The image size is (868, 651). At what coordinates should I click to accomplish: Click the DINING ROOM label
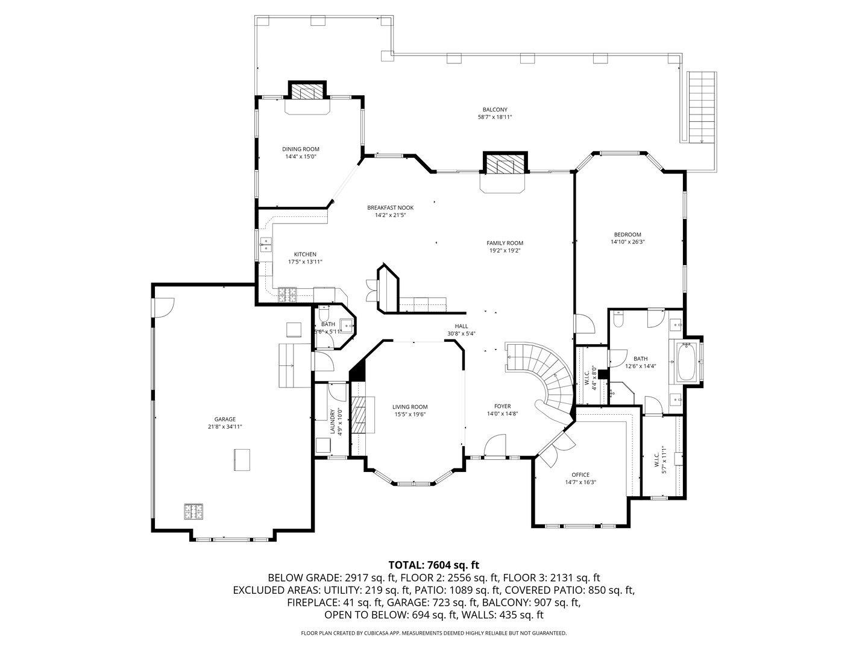click(x=301, y=149)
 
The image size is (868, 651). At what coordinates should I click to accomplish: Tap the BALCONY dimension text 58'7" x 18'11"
click(x=494, y=118)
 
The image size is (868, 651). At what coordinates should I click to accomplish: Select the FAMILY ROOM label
click(x=505, y=243)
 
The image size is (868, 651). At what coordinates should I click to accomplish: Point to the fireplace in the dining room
click(x=307, y=92)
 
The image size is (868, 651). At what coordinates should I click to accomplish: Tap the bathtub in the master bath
click(x=687, y=362)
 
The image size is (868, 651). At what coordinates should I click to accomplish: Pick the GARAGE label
click(x=225, y=420)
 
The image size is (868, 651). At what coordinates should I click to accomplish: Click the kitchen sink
click(x=265, y=245)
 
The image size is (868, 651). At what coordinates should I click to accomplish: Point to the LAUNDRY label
click(x=332, y=422)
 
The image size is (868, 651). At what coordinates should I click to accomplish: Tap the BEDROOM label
click(x=627, y=234)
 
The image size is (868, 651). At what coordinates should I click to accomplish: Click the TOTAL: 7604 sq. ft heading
click(x=433, y=565)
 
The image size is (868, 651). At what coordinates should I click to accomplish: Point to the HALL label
click(x=461, y=326)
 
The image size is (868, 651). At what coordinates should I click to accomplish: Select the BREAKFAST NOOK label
click(x=390, y=207)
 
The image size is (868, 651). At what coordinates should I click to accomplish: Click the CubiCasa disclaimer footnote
click(x=433, y=633)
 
